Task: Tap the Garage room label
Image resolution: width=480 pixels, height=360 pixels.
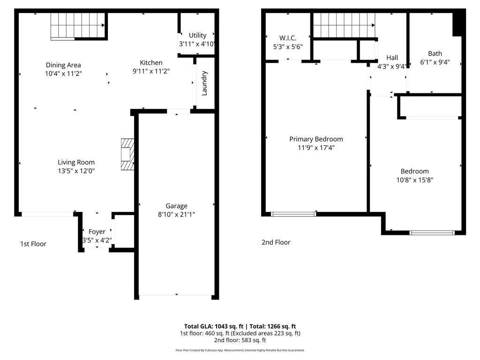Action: click(x=176, y=206)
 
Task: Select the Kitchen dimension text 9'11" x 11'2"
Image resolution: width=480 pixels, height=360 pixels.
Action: click(x=151, y=71)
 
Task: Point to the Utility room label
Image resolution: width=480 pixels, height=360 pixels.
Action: click(x=197, y=35)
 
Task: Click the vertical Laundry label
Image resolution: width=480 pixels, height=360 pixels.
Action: click(x=204, y=83)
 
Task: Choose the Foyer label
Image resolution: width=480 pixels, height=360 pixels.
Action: click(x=97, y=232)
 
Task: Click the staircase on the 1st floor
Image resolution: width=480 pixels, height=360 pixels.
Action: click(x=77, y=25)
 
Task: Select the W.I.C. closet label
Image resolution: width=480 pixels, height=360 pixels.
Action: click(x=288, y=38)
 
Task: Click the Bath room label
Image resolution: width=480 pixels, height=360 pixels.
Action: click(x=435, y=53)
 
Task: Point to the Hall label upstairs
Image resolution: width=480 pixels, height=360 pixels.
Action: click(x=392, y=58)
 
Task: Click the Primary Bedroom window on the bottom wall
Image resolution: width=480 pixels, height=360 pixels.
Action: click(x=294, y=214)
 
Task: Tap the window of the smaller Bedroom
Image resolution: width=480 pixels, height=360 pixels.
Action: click(x=432, y=232)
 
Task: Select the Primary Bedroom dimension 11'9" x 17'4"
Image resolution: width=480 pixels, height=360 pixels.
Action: click(x=316, y=148)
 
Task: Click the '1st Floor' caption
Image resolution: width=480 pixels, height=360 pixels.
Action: click(x=33, y=244)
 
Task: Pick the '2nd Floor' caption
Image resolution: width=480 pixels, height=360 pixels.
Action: click(x=276, y=242)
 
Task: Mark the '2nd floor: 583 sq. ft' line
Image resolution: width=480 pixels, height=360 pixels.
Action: click(x=240, y=340)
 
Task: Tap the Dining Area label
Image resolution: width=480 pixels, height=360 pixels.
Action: click(x=63, y=65)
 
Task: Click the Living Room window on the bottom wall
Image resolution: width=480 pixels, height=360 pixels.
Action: click(x=47, y=214)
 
